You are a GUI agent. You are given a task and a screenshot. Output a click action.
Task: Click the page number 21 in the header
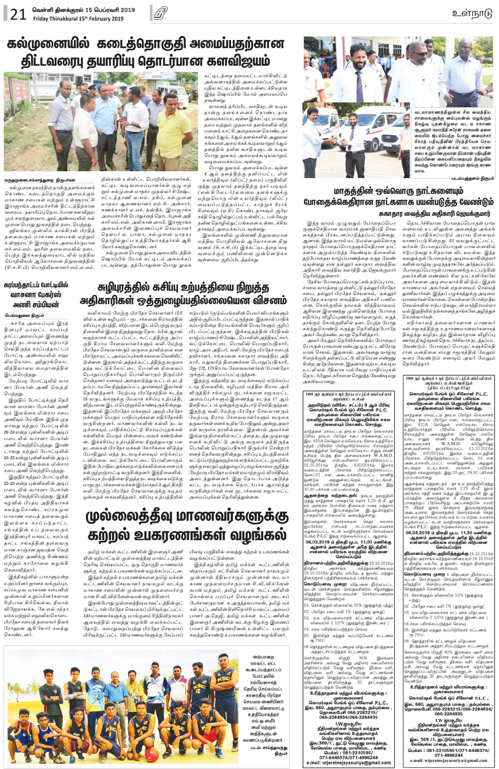17,14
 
